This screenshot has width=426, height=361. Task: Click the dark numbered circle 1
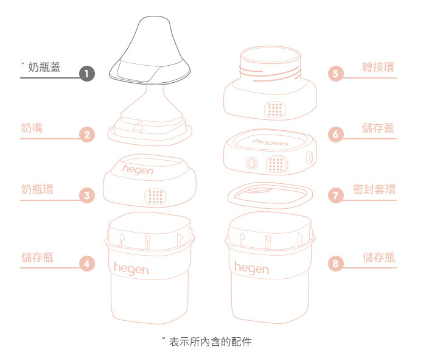point(87,74)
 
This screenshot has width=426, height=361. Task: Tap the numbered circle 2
point(87,135)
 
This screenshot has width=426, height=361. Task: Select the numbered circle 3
point(87,196)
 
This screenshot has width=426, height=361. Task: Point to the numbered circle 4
point(87,264)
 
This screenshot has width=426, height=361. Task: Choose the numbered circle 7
point(336,196)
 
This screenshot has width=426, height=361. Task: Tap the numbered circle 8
point(336,264)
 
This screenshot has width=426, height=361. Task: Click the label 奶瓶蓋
point(44,66)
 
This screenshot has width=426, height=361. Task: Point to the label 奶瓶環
point(37,189)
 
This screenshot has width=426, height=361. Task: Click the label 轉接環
point(378,66)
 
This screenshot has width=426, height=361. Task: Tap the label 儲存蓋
point(378,128)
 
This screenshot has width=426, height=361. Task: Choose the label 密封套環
point(374,189)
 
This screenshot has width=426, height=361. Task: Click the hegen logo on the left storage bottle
point(131,268)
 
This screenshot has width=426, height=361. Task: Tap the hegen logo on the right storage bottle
point(251,267)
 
